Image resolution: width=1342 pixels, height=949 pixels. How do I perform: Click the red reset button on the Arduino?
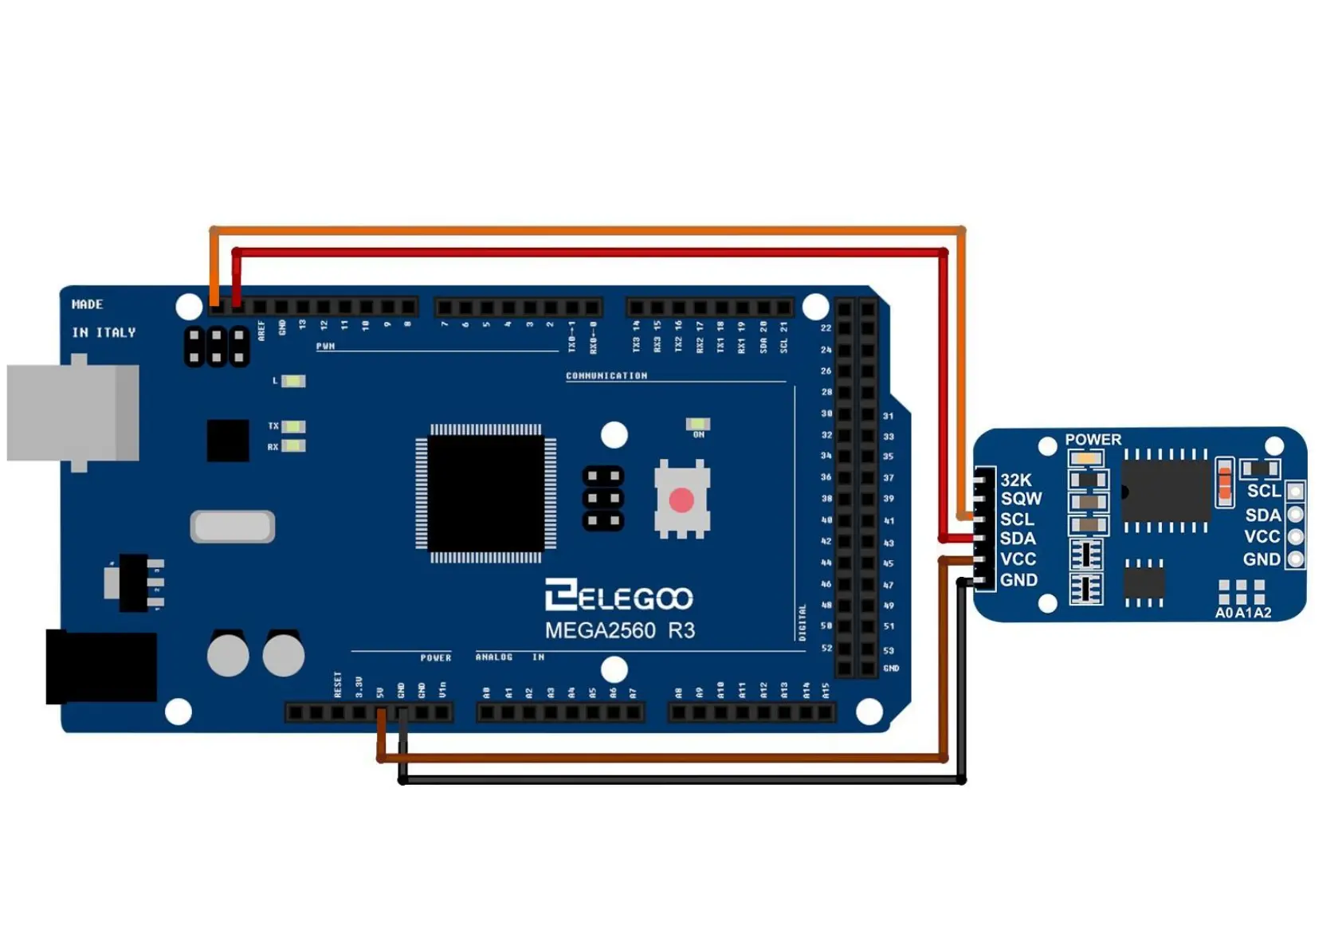(681, 500)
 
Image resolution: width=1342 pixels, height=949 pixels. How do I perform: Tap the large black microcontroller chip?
(486, 492)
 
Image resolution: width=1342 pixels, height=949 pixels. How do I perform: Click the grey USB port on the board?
(73, 412)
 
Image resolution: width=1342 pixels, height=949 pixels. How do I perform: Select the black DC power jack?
(100, 666)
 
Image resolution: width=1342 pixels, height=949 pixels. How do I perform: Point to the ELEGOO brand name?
(619, 597)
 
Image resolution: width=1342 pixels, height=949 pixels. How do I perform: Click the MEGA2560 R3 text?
(619, 630)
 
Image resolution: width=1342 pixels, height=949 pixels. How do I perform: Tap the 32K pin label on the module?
(1015, 480)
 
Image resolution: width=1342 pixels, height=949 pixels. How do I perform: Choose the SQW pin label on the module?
(1021, 499)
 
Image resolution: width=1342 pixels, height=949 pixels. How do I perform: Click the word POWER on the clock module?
(1093, 439)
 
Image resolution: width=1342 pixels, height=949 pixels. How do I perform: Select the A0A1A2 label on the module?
(1242, 613)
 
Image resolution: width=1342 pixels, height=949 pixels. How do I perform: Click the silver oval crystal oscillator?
(233, 527)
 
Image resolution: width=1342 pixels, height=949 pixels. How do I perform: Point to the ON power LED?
(698, 423)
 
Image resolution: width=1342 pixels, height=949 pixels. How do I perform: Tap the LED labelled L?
(293, 381)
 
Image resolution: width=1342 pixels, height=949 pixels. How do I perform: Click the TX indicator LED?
(293, 427)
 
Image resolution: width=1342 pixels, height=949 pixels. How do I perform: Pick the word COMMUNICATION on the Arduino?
(606, 375)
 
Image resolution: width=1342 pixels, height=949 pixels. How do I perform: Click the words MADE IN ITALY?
(103, 318)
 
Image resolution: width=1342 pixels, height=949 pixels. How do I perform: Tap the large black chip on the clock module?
(1165, 490)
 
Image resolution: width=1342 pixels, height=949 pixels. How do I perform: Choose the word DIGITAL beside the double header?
(802, 622)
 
